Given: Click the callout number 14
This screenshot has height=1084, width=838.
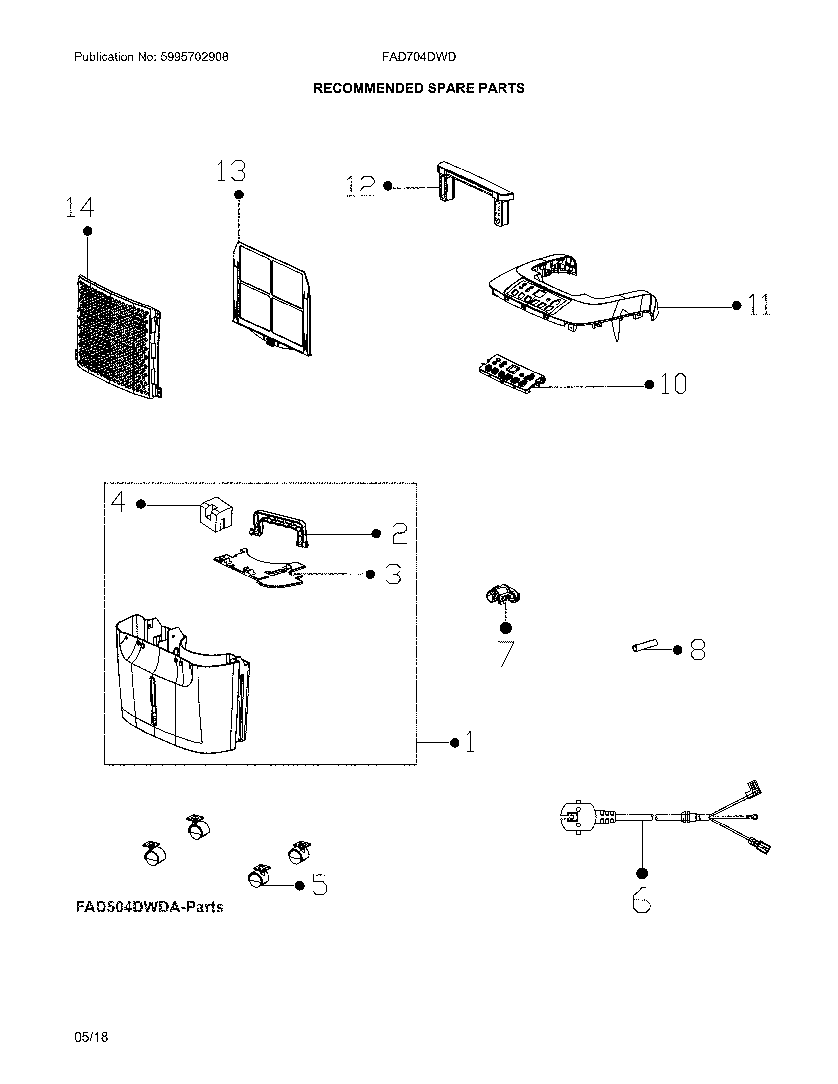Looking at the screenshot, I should pyautogui.click(x=80, y=208).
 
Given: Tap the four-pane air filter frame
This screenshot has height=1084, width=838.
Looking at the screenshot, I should pyautogui.click(x=271, y=298).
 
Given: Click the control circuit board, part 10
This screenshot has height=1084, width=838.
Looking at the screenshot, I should pyautogui.click(x=511, y=374).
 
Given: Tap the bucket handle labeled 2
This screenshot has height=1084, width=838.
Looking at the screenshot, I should pyautogui.click(x=278, y=528).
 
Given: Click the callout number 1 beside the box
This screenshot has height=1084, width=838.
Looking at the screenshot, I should pyautogui.click(x=470, y=742).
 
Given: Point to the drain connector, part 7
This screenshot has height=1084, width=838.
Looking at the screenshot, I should pyautogui.click(x=502, y=595).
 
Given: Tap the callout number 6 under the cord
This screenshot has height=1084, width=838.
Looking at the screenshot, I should pyautogui.click(x=641, y=900).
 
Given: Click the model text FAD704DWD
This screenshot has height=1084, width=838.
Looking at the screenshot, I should pyautogui.click(x=418, y=57).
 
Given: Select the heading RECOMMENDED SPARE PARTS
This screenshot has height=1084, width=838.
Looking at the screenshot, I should pyautogui.click(x=418, y=88).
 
